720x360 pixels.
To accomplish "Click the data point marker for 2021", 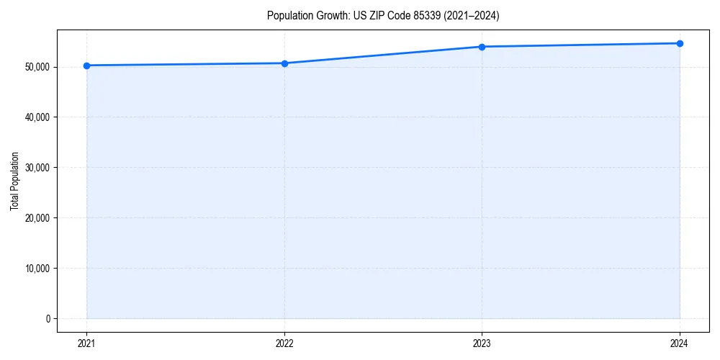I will click(86, 66).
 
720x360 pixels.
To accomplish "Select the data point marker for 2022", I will click(284, 63).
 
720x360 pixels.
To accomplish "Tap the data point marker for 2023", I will click(482, 47).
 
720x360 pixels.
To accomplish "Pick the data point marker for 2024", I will click(680, 43).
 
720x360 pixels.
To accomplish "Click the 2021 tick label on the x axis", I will click(86, 343).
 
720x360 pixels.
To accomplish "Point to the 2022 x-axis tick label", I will click(284, 343).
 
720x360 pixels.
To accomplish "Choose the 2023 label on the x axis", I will click(482, 343).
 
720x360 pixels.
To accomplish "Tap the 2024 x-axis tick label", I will click(680, 343).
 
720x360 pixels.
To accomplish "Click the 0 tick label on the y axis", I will click(47, 318).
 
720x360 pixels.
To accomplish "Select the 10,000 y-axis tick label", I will click(37, 268).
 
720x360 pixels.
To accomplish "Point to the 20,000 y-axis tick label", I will click(37, 217).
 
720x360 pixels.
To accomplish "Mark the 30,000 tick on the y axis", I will click(37, 168).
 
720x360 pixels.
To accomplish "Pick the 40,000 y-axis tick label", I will click(37, 117).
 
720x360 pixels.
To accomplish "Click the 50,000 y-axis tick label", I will click(37, 67).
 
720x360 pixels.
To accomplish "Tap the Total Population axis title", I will click(14, 181).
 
